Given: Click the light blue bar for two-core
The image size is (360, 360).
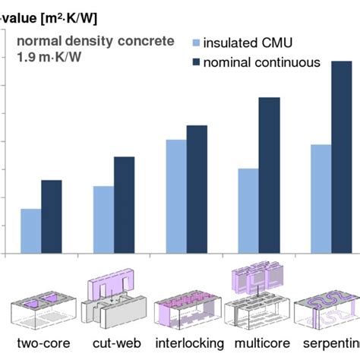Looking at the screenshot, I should tap(31, 231).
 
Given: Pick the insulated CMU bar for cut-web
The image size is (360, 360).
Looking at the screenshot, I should tap(104, 219).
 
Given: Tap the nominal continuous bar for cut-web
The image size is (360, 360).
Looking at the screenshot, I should tap(124, 205).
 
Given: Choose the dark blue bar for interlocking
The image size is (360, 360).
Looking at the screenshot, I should tap(197, 189).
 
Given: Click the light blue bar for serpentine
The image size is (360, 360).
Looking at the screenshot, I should tap(321, 198).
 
